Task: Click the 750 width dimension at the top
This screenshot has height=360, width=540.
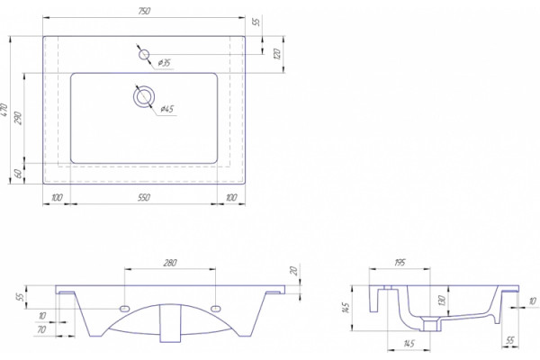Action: pyautogui.click(x=144, y=11)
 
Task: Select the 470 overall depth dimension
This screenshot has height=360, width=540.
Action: pyautogui.click(x=4, y=110)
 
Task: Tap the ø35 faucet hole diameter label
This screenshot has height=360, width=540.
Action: pyautogui.click(x=165, y=63)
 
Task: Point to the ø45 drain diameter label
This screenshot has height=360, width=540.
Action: pyautogui.click(x=167, y=109)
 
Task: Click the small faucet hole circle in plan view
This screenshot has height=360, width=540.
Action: pyautogui.click(x=144, y=54)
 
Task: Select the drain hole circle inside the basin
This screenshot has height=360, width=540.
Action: pyautogui.click(x=144, y=97)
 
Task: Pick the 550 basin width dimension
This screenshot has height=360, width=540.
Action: pyautogui.click(x=144, y=197)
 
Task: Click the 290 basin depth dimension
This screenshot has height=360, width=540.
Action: pyautogui.click(x=19, y=118)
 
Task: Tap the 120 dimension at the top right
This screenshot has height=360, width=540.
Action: pyautogui.click(x=277, y=54)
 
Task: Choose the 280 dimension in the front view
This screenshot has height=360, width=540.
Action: pyautogui.click(x=170, y=263)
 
